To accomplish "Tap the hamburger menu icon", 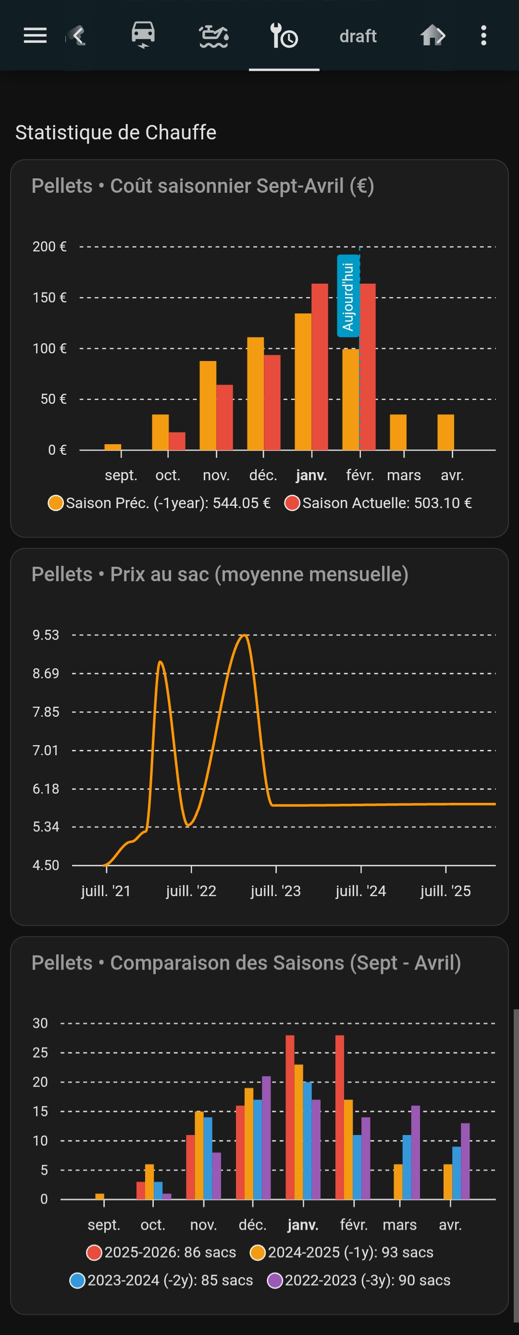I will click(x=35, y=36).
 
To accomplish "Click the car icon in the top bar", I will click(x=143, y=35).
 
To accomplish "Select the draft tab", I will click(x=358, y=36).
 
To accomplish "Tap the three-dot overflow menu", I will click(x=483, y=36).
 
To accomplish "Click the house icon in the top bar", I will click(x=432, y=36).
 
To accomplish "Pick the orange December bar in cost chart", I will click(x=255, y=393).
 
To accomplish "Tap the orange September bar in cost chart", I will click(x=113, y=447).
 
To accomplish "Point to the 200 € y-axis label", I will click(x=49, y=247).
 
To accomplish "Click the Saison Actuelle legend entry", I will click(x=378, y=503).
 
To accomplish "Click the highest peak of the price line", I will click(x=245, y=635).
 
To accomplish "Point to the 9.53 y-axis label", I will click(x=46, y=635).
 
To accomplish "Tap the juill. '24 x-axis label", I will click(x=360, y=891).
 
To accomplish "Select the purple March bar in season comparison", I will click(x=415, y=1153).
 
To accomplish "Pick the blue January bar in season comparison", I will click(x=307, y=1140).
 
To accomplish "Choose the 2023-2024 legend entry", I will click(x=161, y=1280).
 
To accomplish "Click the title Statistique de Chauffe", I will click(x=115, y=133).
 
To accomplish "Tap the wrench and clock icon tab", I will click(x=284, y=36).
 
